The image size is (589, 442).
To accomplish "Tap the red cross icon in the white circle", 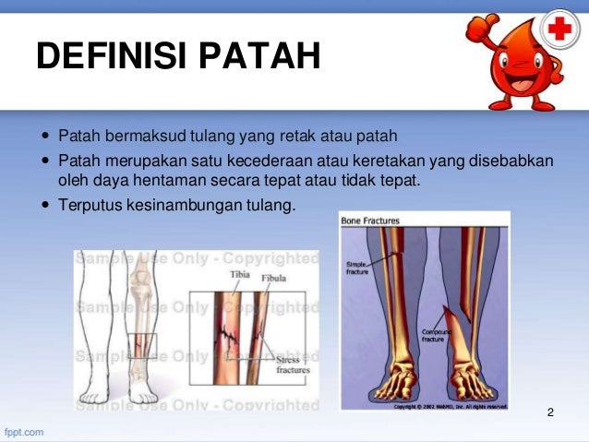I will [x=559, y=32].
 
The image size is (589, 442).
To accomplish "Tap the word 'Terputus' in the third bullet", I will [x=88, y=204].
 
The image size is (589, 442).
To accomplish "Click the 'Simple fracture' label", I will [x=356, y=268].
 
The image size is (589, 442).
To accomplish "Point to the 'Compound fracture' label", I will [x=436, y=334].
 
